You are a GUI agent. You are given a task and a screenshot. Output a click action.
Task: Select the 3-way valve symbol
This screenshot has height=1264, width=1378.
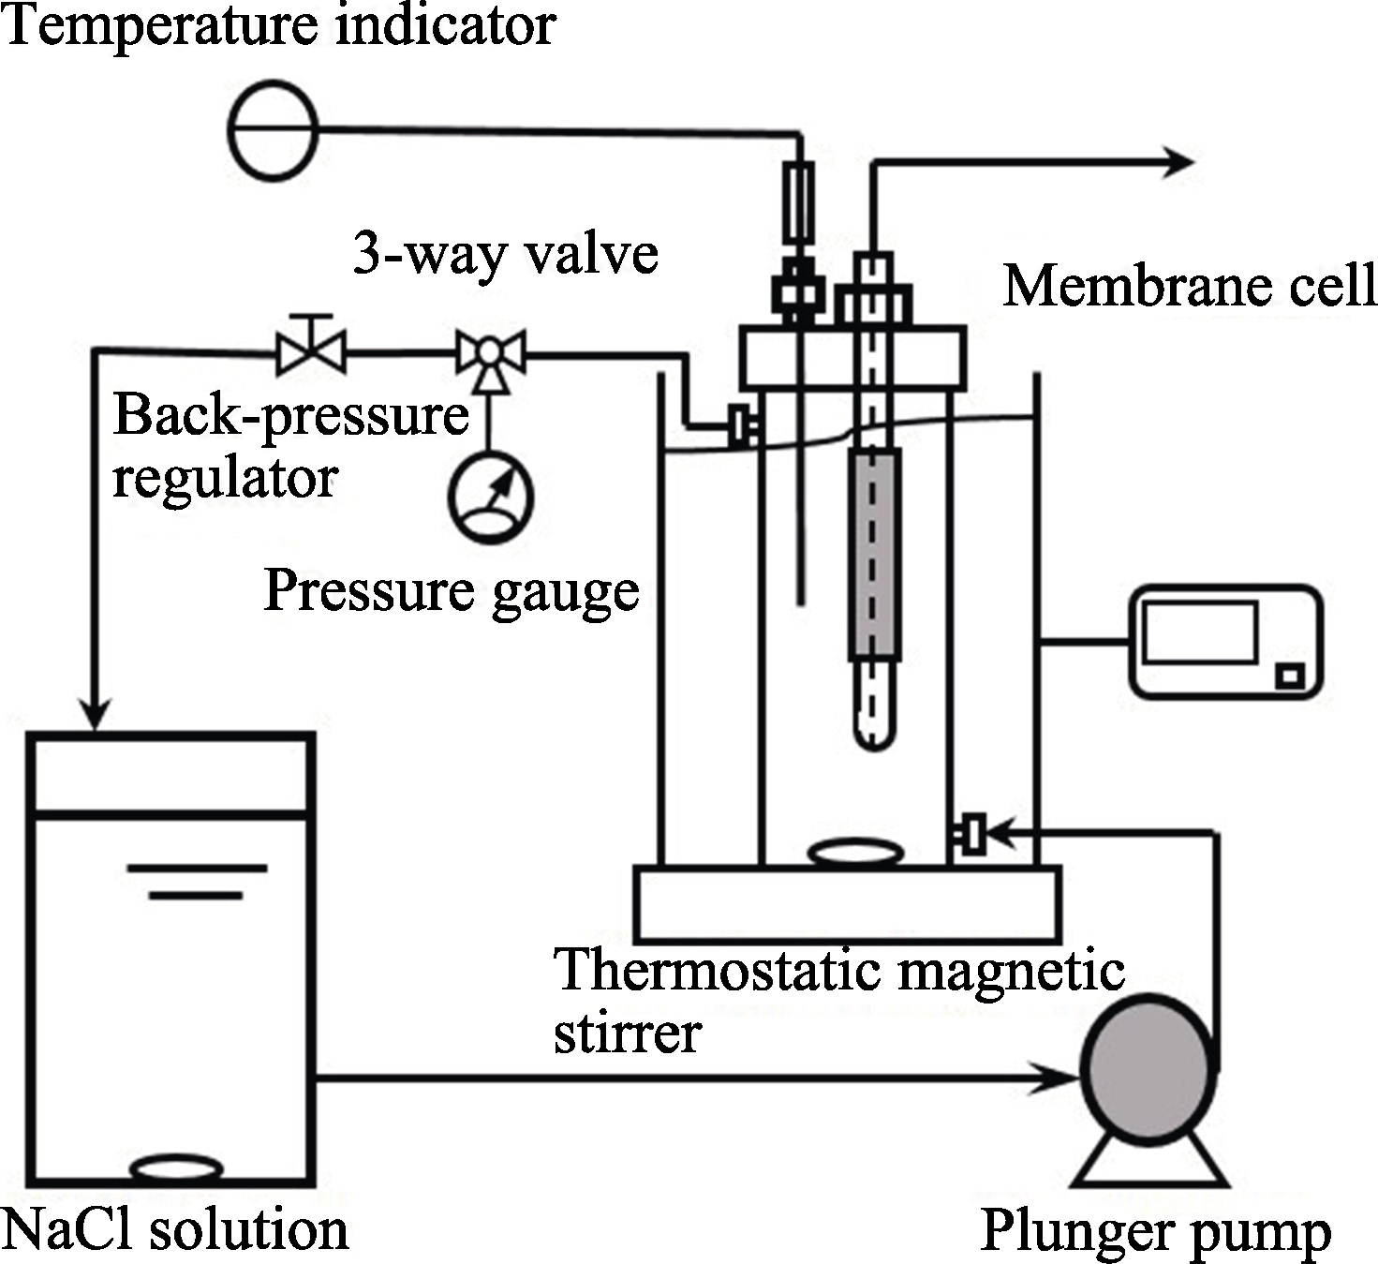pos(490,353)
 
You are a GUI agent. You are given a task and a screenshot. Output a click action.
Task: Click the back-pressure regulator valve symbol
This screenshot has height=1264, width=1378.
pos(312,353)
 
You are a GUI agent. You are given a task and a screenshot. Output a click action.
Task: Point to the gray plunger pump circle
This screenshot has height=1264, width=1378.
pos(1148,1068)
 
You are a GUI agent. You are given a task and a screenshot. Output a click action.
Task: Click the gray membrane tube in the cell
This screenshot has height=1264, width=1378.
pos(874,555)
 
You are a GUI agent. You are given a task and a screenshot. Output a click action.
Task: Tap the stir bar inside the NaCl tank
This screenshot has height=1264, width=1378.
pos(176,1168)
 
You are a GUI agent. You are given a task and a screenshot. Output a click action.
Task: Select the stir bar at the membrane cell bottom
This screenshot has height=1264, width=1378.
pos(855,853)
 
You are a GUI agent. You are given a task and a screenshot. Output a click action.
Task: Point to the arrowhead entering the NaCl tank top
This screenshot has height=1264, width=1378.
pos(95,715)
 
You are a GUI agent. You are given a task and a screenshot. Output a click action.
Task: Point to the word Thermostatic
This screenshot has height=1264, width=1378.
pos(712,970)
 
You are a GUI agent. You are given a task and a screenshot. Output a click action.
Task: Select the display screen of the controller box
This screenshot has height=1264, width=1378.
pos(1200,632)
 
